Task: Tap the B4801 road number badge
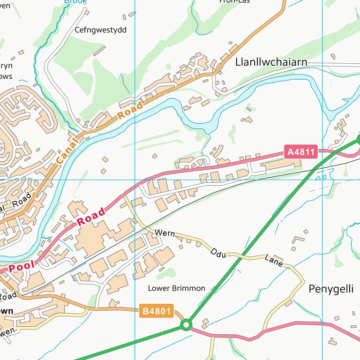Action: (x=157, y=310)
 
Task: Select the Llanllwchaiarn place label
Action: (x=271, y=62)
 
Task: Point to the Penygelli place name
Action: (x=331, y=289)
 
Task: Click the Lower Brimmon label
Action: (x=177, y=288)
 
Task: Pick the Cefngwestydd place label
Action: (x=101, y=30)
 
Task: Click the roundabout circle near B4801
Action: (x=187, y=324)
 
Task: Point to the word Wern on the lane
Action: (x=164, y=232)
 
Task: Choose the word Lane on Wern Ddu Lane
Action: (x=274, y=261)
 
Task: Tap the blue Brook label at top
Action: (x=75, y=2)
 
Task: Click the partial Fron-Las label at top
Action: (x=234, y=1)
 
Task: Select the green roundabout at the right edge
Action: (x=359, y=138)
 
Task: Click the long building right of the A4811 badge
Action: (x=281, y=164)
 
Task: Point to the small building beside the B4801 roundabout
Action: (x=205, y=322)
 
